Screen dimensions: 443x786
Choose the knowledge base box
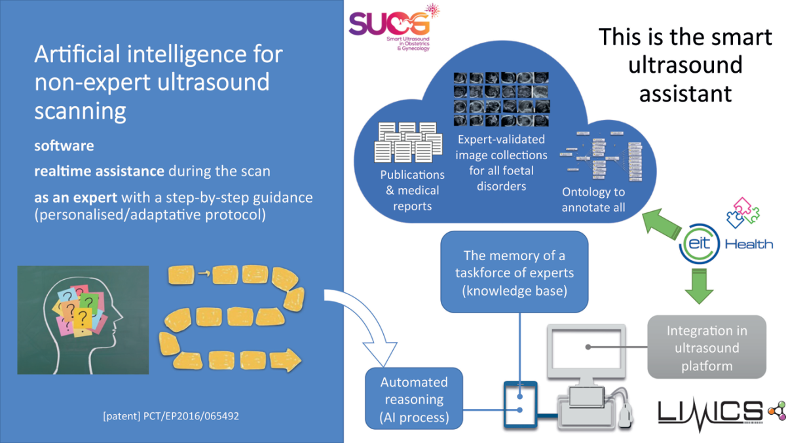(514, 271)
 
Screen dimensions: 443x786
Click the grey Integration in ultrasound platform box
(706, 347)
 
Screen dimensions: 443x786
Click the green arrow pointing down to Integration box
(699, 286)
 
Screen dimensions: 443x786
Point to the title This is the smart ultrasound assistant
(685, 65)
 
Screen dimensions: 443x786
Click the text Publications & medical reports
(412, 191)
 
